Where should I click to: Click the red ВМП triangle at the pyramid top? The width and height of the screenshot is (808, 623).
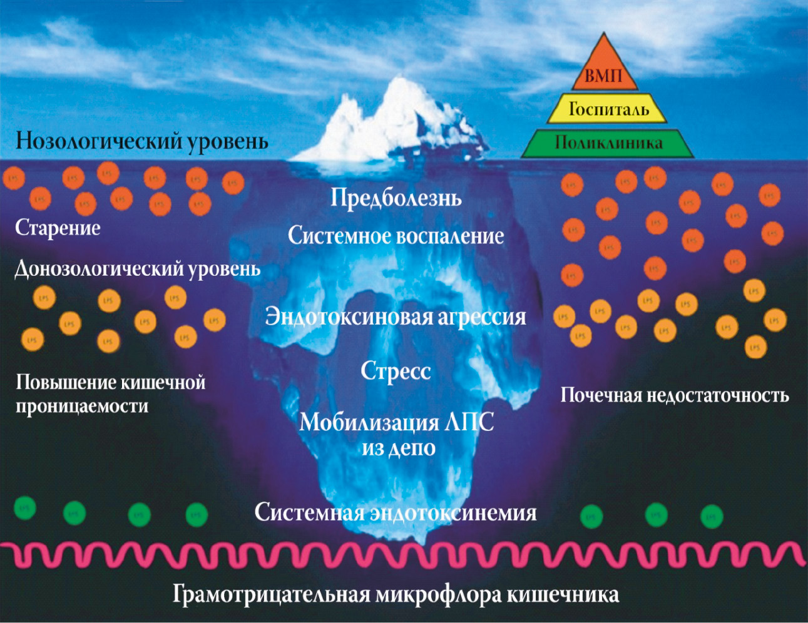coord(604,72)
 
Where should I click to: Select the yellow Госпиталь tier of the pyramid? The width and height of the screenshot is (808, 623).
coord(608,109)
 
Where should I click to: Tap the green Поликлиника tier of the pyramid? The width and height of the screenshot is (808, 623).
coord(608,143)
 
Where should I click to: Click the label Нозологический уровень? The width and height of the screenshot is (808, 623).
coord(142,141)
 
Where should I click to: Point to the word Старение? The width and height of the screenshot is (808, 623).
coord(58,228)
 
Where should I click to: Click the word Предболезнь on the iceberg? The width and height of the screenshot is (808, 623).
coord(396,198)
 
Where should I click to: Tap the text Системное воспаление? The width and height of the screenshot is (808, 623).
coord(396,236)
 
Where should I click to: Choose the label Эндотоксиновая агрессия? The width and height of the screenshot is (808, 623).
coord(396,317)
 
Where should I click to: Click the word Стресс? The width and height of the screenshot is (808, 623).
coord(396,371)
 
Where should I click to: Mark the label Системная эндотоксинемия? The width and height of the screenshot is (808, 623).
coord(396,513)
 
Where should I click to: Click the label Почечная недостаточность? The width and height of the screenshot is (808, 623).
coord(674,395)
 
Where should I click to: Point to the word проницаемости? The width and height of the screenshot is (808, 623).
coord(82,407)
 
